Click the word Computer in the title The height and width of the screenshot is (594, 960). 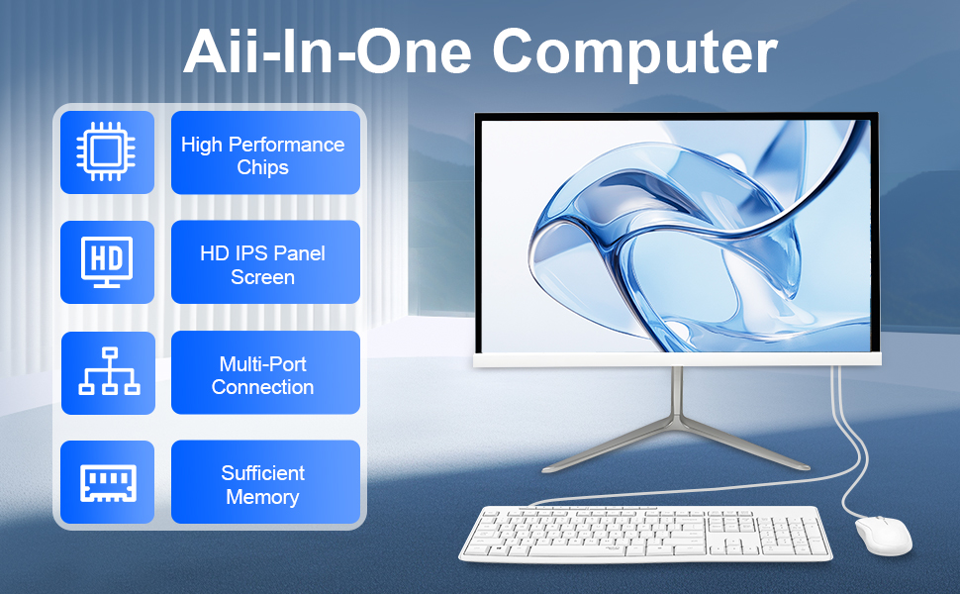coord(634,53)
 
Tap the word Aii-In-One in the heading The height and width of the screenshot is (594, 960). coord(328,51)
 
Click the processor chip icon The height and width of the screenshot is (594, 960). coord(107,151)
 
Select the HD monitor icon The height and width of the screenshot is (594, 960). coord(107,262)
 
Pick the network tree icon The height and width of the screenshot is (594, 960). coord(110,371)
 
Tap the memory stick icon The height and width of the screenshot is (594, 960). coord(108,483)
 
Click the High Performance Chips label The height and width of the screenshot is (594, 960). coord(262,155)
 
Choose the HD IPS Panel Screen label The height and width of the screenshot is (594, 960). coord(262,264)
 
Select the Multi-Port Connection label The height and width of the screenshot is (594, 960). coord(262,375)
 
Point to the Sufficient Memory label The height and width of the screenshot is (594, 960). coord(262,484)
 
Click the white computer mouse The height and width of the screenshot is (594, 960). coord(883,536)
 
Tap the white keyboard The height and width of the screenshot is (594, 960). coord(646,534)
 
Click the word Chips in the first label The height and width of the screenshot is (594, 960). coord(262,167)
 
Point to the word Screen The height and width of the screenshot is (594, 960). coord(262,277)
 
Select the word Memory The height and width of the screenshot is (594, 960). coord(262,497)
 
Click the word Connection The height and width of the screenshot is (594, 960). coord(262,387)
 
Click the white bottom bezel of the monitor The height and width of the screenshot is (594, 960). coord(677,360)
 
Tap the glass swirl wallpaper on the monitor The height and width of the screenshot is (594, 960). coord(676,236)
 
